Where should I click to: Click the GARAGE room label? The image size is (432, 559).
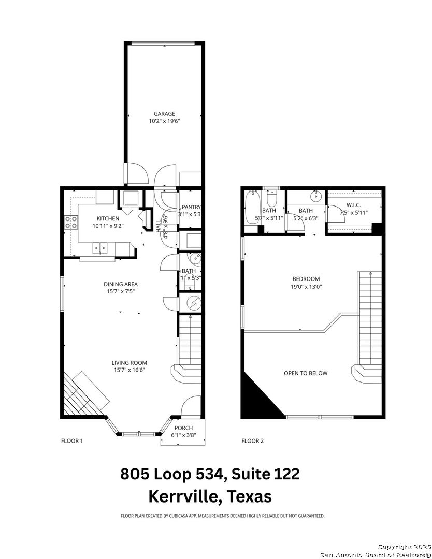164,114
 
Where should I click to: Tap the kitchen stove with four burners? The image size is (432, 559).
71,223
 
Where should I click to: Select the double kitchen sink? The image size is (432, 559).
99,249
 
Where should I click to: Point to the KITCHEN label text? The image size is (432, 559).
108,218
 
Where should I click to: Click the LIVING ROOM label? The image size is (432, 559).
129,363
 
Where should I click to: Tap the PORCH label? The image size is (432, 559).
183,428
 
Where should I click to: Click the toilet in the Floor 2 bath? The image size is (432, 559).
272,199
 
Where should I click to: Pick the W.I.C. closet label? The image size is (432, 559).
354,205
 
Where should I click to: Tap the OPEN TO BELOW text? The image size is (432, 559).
305,373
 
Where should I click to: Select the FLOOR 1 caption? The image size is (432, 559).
72,441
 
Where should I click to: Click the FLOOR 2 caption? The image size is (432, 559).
252,441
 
